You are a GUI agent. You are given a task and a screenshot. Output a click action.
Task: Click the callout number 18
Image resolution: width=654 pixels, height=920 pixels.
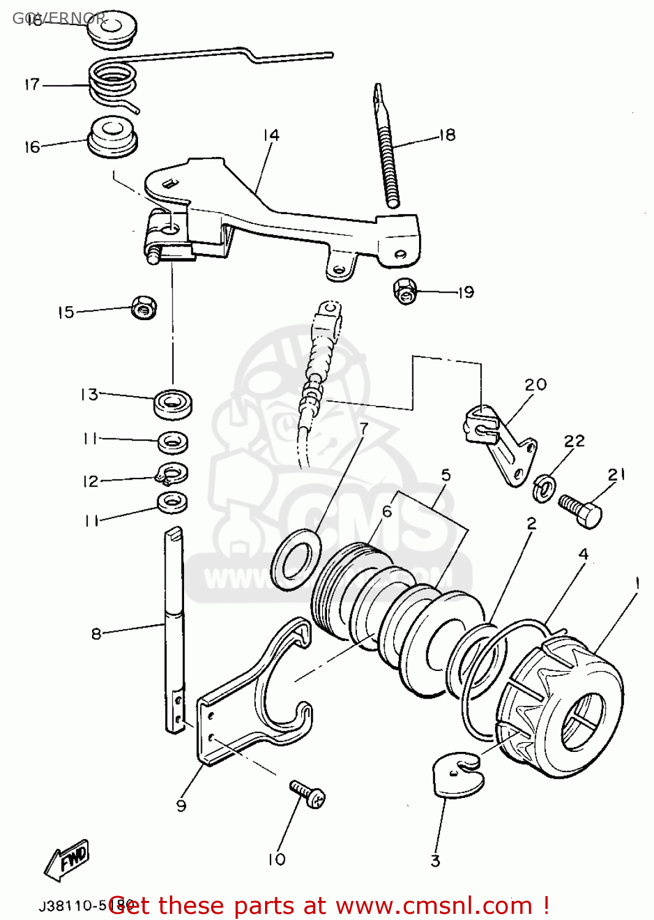tap(447, 135)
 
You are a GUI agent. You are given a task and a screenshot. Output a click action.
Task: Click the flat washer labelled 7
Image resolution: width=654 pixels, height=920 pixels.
tap(297, 559)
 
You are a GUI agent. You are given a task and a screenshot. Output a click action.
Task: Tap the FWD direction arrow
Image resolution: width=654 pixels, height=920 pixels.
tap(67, 859)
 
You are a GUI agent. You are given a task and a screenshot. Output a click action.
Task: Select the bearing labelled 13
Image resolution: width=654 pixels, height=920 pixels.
tap(174, 404)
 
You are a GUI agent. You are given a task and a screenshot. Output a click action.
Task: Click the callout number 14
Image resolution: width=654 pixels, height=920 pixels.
tap(271, 135)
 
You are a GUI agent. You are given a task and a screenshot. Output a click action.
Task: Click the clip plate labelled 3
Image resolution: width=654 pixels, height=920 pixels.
tap(457, 776)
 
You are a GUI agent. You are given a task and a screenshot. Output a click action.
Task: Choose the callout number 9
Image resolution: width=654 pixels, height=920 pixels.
tap(181, 805)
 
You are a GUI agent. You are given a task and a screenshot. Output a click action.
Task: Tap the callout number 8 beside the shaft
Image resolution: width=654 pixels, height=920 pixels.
tap(96, 633)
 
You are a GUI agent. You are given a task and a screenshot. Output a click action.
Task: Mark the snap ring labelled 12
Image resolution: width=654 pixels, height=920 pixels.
tap(172, 473)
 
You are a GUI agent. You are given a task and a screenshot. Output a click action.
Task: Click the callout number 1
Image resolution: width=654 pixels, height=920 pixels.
tap(637, 583)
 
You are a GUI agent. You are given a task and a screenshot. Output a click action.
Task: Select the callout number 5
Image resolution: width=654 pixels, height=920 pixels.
tap(446, 475)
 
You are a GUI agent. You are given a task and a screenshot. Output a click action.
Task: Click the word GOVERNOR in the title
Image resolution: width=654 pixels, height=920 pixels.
tap(59, 18)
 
